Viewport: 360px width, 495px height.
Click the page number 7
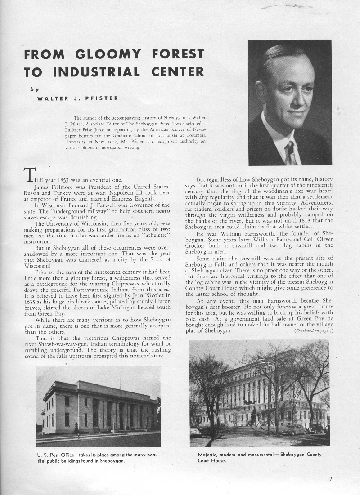tap(331, 479)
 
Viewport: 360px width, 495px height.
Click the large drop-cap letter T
tap(29, 174)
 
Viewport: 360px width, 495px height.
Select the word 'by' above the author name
tap(35, 89)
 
